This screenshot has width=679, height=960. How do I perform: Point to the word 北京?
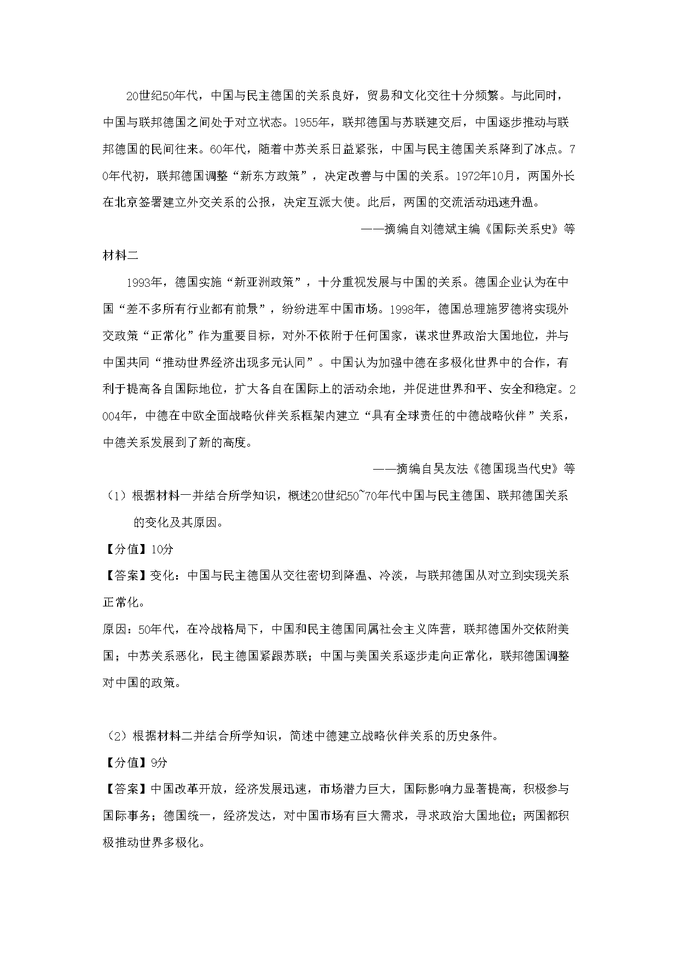pos(127,203)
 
